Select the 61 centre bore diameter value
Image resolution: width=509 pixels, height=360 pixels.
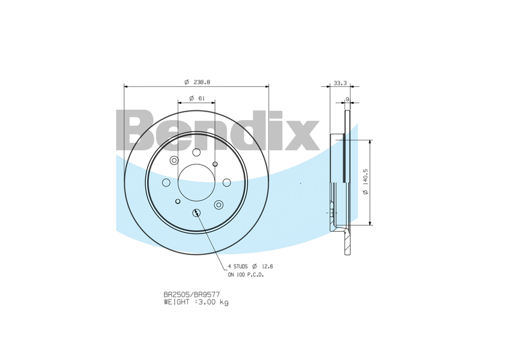[201, 98]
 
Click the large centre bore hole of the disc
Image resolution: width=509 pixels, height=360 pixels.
[196, 182]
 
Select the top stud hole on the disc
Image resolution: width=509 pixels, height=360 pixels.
[196, 152]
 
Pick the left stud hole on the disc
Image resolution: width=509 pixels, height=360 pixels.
[166, 182]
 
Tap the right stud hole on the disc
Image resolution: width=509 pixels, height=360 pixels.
[226, 182]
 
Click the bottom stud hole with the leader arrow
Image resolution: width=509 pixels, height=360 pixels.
[196, 212]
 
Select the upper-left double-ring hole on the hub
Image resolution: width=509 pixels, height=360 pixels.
[174, 160]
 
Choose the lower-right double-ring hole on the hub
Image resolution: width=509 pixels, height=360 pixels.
[218, 205]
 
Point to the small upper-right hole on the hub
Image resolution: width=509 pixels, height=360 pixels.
[215, 163]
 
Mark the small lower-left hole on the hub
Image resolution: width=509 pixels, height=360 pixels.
[177, 202]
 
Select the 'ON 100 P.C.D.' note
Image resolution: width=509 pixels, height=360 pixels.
[245, 274]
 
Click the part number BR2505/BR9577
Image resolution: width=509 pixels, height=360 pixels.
[187, 295]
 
